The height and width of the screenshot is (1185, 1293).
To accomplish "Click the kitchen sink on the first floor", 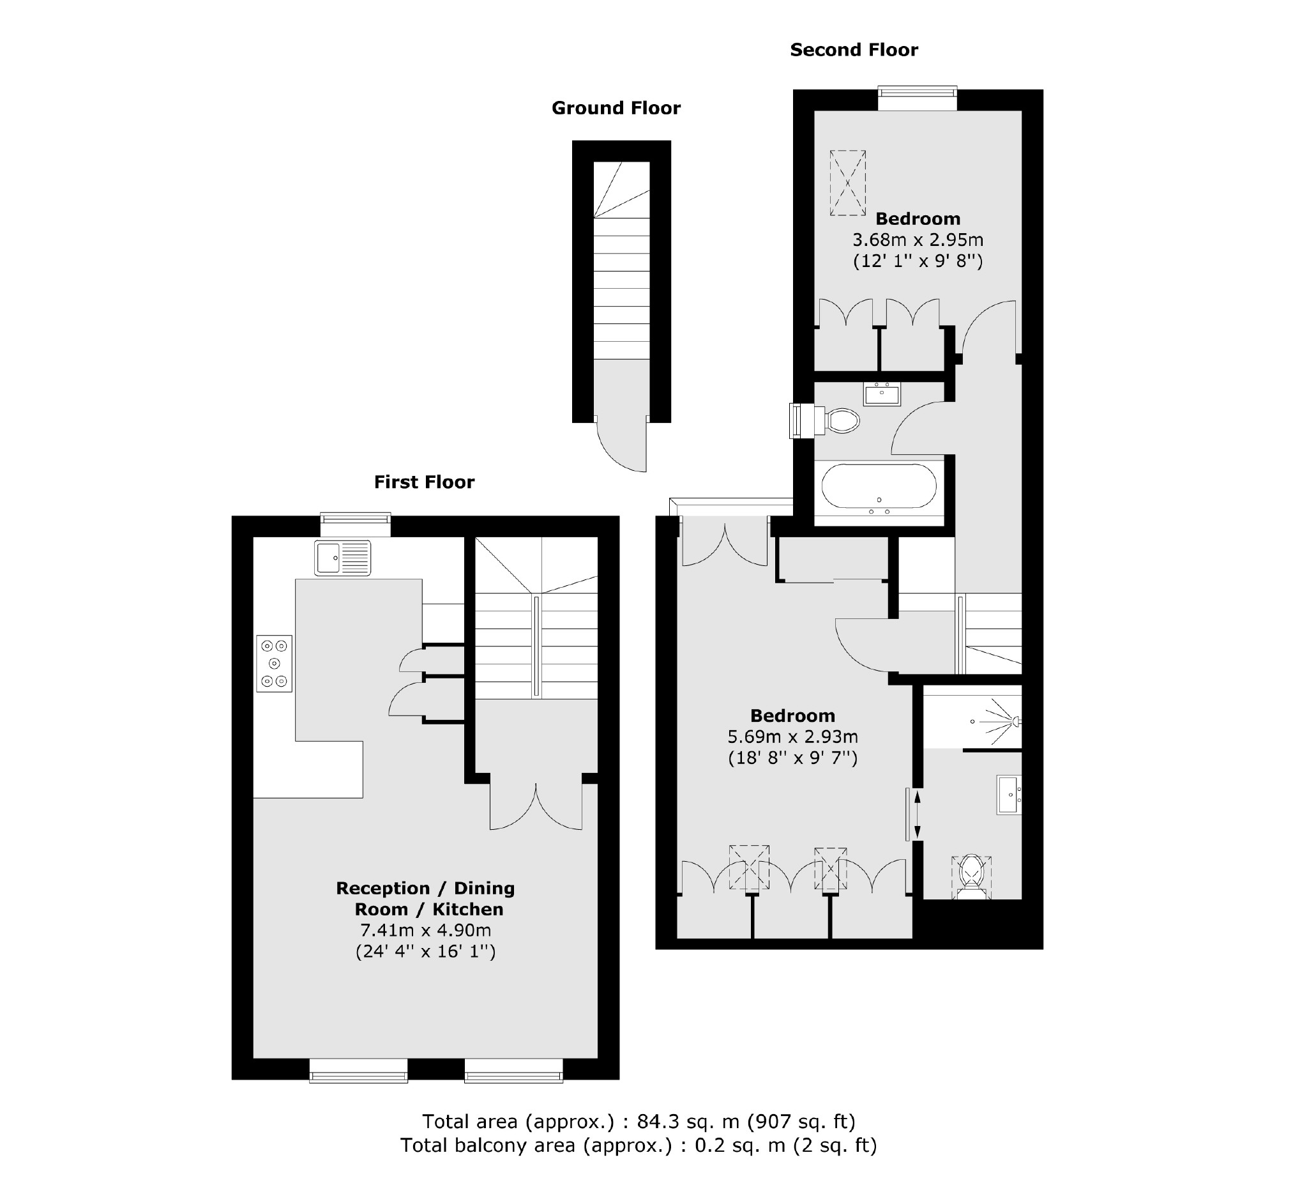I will [x=342, y=558].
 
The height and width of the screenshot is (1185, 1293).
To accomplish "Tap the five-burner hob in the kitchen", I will [x=275, y=663].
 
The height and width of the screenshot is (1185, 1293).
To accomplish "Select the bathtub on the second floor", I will [x=879, y=489].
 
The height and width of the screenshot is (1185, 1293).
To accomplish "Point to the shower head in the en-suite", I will [x=1015, y=721].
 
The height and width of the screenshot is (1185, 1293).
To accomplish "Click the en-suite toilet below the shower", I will [x=972, y=876].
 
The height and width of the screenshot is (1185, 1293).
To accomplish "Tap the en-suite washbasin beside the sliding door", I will [x=1008, y=795].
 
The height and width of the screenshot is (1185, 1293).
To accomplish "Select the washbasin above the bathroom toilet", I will [x=882, y=394].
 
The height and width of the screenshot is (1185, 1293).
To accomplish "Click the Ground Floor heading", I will [x=616, y=108].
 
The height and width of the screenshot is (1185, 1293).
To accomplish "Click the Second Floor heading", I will [x=854, y=49].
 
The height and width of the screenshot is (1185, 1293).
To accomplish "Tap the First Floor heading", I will [x=424, y=482].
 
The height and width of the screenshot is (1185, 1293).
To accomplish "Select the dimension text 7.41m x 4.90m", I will [x=425, y=929].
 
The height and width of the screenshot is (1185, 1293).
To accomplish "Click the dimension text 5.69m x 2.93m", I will [x=793, y=737].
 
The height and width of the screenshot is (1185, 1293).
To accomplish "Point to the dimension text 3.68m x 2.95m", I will [x=917, y=240].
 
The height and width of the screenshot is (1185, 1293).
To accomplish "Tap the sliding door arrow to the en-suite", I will [x=917, y=815].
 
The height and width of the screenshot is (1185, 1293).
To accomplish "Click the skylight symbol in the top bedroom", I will [x=847, y=183].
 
